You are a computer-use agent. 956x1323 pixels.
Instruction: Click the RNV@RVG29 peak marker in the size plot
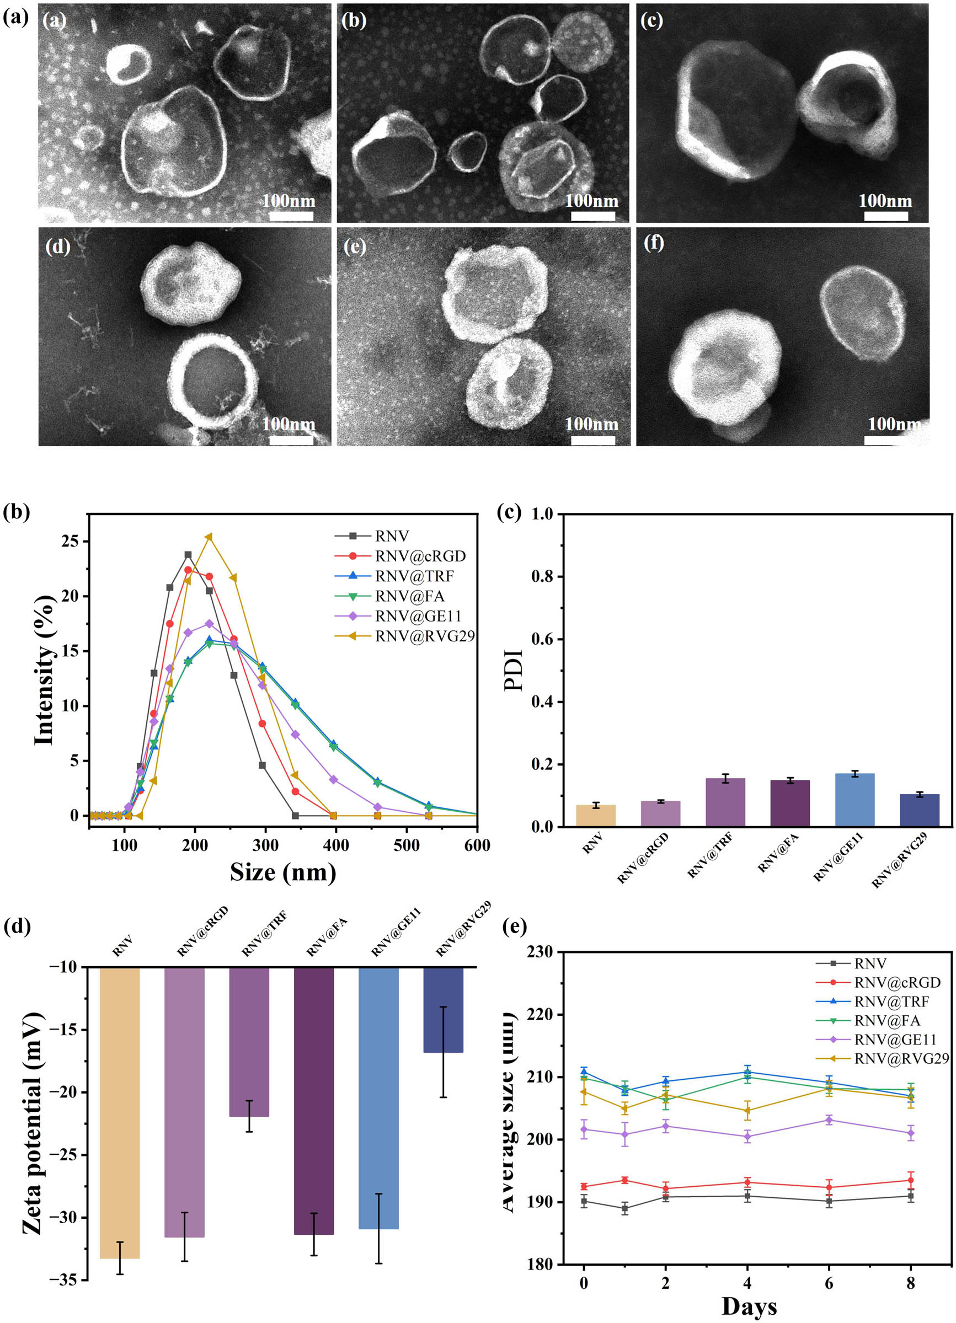[209, 537]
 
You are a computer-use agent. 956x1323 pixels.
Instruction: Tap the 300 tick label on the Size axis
[265, 845]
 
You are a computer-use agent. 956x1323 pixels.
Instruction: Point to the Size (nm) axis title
[283, 873]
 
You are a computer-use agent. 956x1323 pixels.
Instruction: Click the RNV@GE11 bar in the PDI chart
[854, 800]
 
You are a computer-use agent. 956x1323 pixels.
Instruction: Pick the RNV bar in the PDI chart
[595, 816]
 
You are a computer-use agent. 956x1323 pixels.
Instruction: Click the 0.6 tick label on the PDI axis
[542, 639]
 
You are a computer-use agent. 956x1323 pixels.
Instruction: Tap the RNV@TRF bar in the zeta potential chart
[249, 1042]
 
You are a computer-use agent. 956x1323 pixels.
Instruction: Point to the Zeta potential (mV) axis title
[33, 1123]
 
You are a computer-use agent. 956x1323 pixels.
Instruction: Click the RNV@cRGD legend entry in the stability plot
[897, 983]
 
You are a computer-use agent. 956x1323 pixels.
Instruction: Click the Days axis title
[749, 1306]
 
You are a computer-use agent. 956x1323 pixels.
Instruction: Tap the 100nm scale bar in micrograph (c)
[885, 216]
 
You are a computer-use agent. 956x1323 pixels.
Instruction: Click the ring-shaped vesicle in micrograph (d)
[213, 381]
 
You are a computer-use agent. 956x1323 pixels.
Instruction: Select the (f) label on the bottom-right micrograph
[653, 243]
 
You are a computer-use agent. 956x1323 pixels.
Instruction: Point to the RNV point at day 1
[624, 1209]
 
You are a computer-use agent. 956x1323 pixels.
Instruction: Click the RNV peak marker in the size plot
[188, 555]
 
